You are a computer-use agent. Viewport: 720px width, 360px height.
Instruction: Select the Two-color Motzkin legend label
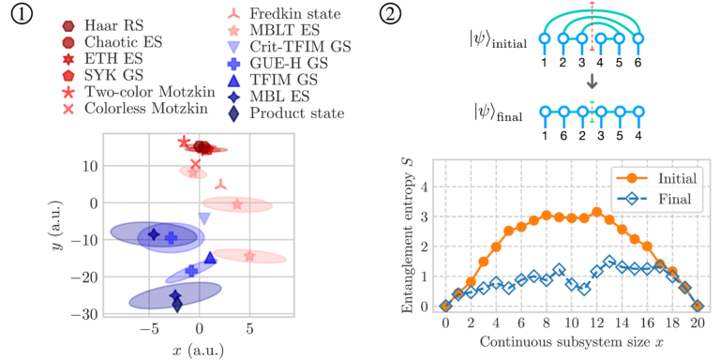tap(138, 93)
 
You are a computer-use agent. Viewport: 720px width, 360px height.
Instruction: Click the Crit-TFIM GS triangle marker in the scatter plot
tap(203, 218)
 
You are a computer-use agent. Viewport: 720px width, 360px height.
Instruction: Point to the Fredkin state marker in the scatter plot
tap(221, 185)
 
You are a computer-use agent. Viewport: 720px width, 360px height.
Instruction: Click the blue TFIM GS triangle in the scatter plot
tap(210, 258)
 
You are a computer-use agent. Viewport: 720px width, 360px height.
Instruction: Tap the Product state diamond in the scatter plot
tap(177, 305)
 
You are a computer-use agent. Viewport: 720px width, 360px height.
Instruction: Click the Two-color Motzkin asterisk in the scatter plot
tap(184, 142)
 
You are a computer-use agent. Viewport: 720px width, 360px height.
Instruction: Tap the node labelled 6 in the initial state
tap(637, 38)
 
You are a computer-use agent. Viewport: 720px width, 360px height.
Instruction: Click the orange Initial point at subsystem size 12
tap(597, 212)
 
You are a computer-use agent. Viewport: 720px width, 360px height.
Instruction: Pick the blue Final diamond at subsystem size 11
tap(584, 290)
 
